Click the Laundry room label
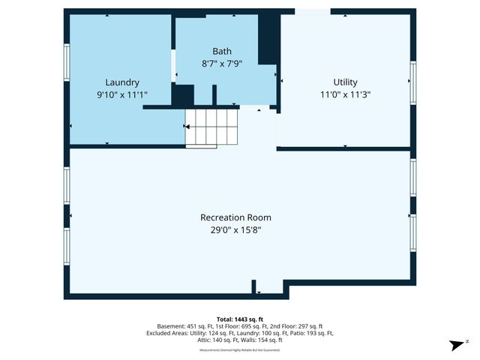122,82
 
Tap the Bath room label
222,52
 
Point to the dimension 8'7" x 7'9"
222,64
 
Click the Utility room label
345,82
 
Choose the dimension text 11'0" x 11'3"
345,94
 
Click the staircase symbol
211,127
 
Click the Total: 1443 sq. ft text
240,319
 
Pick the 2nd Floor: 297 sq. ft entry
298,326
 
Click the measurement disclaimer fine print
240,350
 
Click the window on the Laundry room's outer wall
67,62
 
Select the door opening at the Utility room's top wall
312,11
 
